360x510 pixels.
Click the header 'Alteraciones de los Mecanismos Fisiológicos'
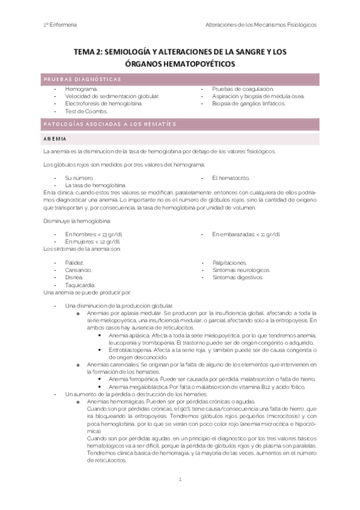point(261,25)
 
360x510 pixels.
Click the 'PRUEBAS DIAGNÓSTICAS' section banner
point(82,79)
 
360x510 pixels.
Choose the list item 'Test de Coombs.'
point(87,111)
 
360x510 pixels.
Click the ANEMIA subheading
point(55,139)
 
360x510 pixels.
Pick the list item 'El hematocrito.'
point(230,178)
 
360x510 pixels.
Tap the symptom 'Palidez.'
point(75,263)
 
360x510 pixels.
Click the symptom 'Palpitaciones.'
point(230,263)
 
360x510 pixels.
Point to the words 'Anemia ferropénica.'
point(132,379)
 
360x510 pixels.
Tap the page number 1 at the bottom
point(180,480)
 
